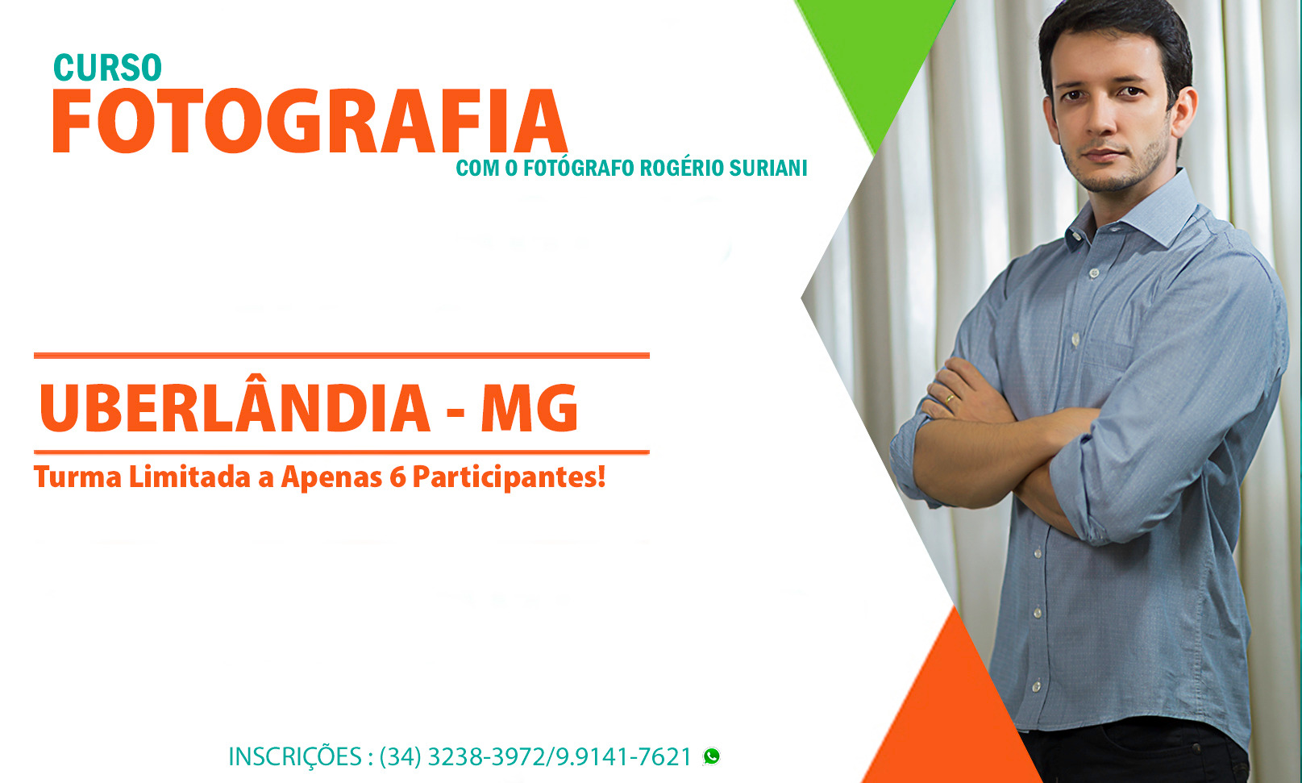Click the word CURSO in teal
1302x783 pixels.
pyautogui.click(x=107, y=68)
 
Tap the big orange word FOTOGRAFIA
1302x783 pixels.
pyautogui.click(x=310, y=121)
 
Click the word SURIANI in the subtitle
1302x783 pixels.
pyautogui.click(x=767, y=168)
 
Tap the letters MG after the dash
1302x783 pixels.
pyautogui.click(x=530, y=408)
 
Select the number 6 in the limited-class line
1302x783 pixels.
pyautogui.click(x=397, y=477)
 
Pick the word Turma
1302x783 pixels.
pyautogui.click(x=78, y=477)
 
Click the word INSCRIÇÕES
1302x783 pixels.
pyautogui.click(x=295, y=757)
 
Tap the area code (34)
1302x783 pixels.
pyautogui.click(x=401, y=757)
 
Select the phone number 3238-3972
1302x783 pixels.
pyautogui.click(x=486, y=757)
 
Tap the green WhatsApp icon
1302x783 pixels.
pyautogui.click(x=711, y=756)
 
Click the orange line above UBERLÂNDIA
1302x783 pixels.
pyautogui.click(x=342, y=355)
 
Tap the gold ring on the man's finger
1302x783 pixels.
pyautogui.click(x=950, y=399)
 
